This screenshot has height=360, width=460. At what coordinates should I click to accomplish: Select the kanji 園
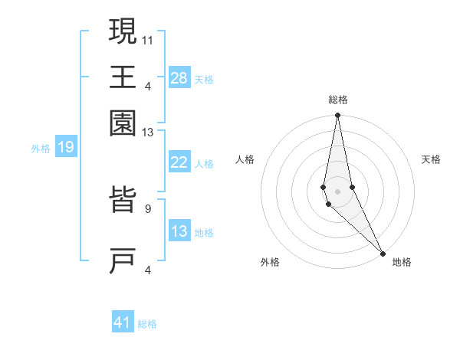pos(123,123)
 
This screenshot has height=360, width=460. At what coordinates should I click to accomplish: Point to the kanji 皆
pos(123,203)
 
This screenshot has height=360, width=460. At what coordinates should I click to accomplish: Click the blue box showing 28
pos(179,78)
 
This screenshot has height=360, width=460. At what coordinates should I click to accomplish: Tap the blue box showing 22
pos(179,162)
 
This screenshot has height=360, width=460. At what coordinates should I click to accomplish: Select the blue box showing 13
pos(179,231)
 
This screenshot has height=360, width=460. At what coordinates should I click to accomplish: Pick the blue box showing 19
pos(66,147)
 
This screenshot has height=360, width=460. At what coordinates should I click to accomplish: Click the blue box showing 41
pos(123,322)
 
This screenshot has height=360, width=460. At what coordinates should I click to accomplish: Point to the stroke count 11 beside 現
pos(148,39)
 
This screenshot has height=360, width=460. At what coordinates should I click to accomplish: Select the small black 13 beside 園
pos(147,133)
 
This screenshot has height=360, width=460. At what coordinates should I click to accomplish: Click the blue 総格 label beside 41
pos(147,324)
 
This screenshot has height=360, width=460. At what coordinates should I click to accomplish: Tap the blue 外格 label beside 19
pos(41,149)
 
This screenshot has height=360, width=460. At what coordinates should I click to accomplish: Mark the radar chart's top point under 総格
pos(337,116)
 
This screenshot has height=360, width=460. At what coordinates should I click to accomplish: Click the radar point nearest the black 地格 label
pos(383,254)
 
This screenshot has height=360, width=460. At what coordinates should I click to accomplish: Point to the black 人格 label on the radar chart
pos(245,159)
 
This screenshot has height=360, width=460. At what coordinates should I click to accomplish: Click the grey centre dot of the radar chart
pos(337,191)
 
